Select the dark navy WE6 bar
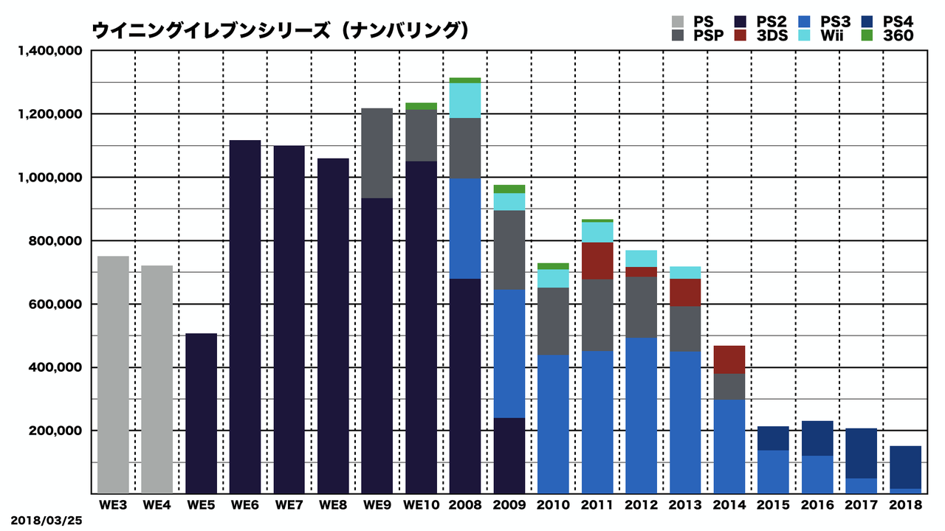coord(245,316)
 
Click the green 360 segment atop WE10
coord(421,106)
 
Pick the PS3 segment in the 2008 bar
coord(464,228)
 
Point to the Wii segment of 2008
coord(464,100)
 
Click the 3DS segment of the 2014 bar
coord(729,359)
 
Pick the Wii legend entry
coord(834,35)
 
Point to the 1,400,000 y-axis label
coord(49,51)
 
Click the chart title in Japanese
coord(281,30)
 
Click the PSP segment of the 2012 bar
coord(641,307)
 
